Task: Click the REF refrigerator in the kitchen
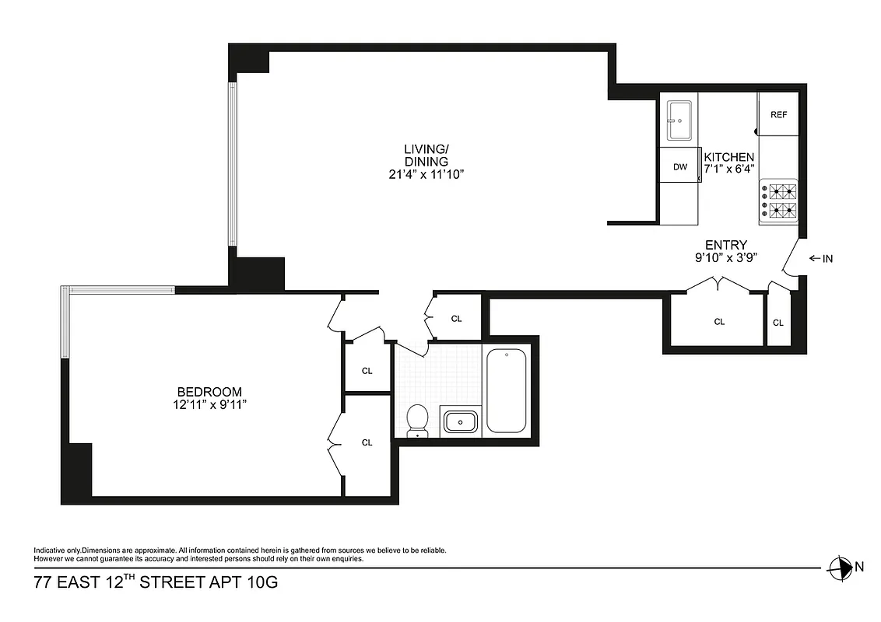tap(778, 114)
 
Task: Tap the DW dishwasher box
tap(679, 166)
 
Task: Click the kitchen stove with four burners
tap(779, 200)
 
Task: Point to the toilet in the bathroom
tap(418, 420)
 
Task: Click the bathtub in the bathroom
tap(507, 390)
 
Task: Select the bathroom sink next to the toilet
tap(460, 422)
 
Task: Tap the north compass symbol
tap(839, 568)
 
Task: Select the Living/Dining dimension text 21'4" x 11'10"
tap(426, 174)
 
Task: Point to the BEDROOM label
tap(209, 392)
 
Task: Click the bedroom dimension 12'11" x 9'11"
tap(209, 404)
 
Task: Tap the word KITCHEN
tap(729, 157)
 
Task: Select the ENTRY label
tap(725, 244)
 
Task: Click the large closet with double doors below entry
tap(718, 321)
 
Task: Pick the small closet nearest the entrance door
tap(777, 322)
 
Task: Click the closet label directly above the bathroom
tap(456, 318)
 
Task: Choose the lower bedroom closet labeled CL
tap(367, 442)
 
